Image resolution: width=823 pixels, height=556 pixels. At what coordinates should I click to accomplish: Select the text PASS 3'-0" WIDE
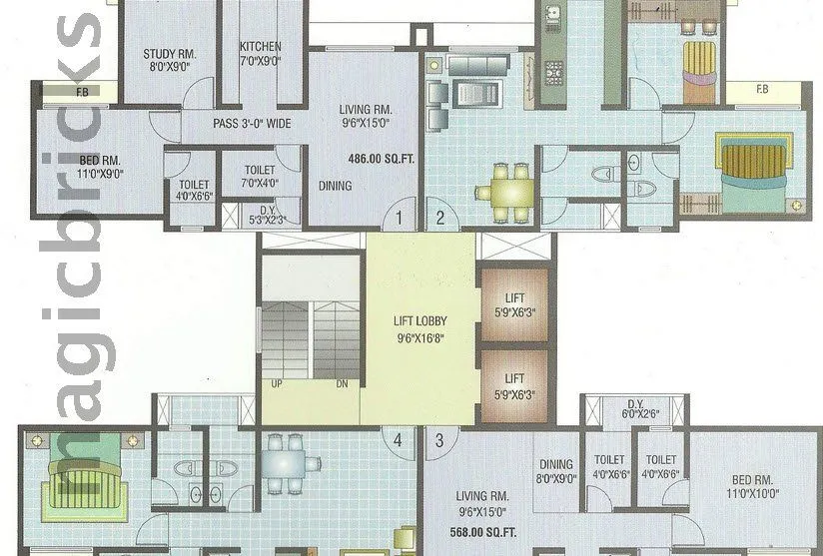click(251, 124)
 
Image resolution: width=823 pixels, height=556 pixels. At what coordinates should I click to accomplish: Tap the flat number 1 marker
click(399, 217)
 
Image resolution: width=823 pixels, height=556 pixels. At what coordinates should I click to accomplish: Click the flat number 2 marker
click(437, 217)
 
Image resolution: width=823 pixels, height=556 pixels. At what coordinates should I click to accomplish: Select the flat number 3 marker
click(437, 438)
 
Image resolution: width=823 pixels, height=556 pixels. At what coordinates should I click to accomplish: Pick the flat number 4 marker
click(399, 438)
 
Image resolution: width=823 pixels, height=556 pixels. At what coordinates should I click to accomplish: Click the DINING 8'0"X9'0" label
click(556, 470)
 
